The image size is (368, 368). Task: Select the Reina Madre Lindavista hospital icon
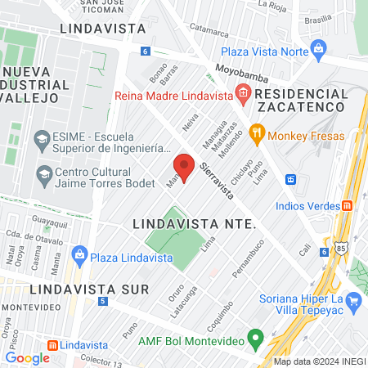click(x=242, y=93)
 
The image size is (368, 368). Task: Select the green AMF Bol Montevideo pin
click(x=255, y=337)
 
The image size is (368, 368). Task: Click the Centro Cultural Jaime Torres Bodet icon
click(x=43, y=173)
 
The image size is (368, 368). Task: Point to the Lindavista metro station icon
click(x=52, y=345)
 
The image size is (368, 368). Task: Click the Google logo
click(x=27, y=357)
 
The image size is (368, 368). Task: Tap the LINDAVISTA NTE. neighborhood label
click(x=195, y=223)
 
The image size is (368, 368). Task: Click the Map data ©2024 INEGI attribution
click(x=319, y=361)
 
